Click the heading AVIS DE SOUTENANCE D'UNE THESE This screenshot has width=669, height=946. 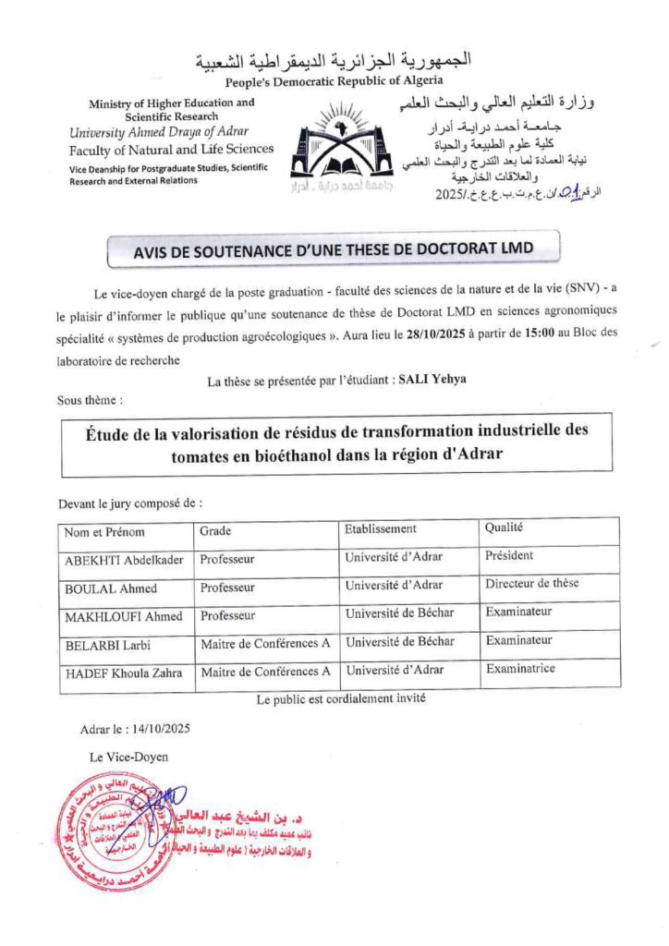(334, 249)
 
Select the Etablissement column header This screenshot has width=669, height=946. (380, 528)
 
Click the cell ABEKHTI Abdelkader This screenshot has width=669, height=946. (124, 560)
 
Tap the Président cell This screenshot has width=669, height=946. (508, 556)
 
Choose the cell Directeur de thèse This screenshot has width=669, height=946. (531, 584)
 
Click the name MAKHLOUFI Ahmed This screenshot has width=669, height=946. (123, 616)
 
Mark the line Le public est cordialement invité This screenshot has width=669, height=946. (340, 699)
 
